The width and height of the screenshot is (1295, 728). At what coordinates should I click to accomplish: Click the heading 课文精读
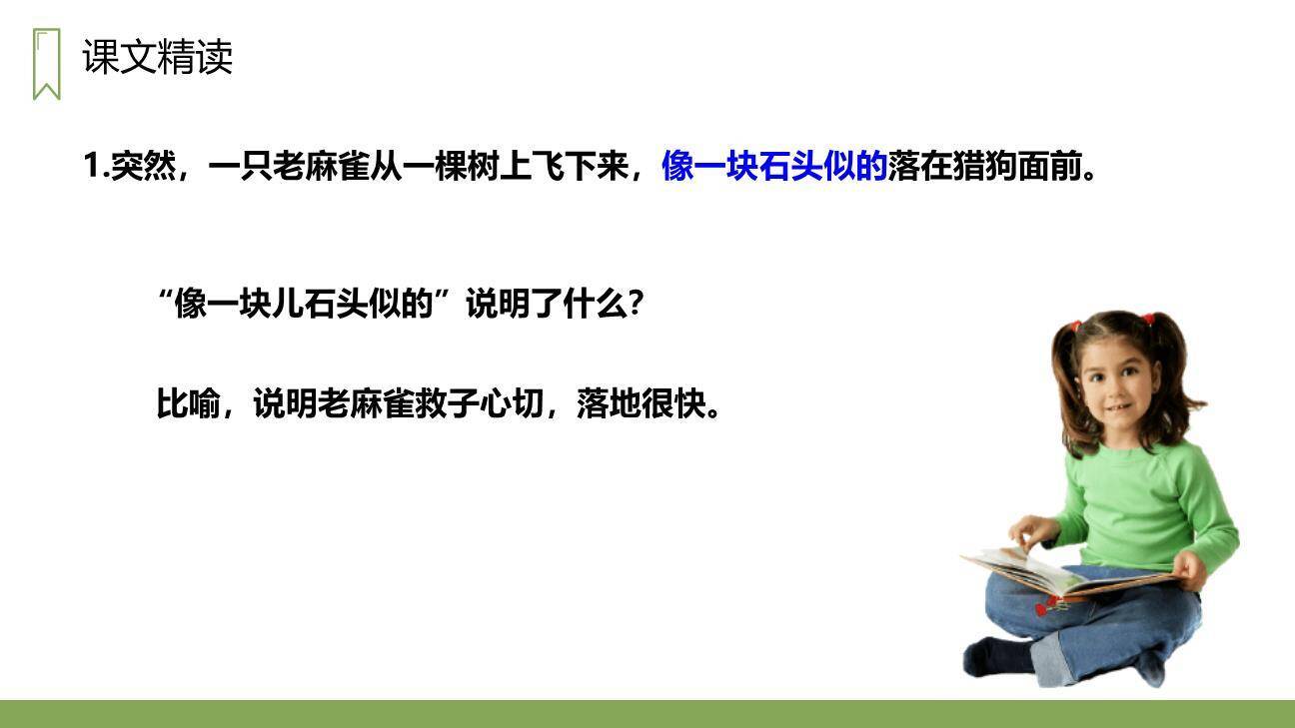[x=158, y=58]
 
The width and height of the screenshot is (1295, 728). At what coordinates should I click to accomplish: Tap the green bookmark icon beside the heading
[x=46, y=64]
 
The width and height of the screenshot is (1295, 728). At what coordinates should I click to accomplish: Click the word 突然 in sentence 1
[x=143, y=167]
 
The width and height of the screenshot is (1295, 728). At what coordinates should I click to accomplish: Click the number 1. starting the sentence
[x=96, y=167]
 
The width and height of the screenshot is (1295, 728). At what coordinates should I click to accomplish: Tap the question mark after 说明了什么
[x=633, y=304]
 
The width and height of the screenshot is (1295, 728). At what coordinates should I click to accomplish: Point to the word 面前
[x=1049, y=167]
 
